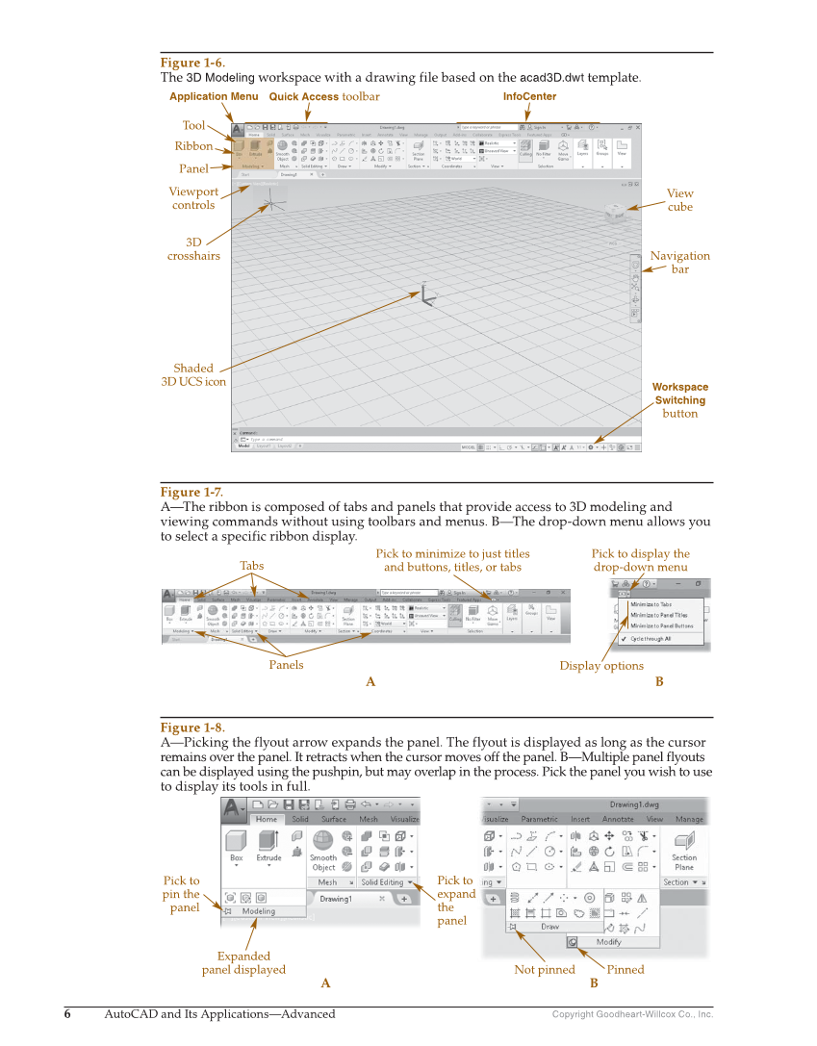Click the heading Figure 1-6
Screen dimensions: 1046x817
coord(192,64)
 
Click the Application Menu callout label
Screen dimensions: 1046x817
coord(214,97)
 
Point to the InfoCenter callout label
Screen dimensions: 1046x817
coord(529,97)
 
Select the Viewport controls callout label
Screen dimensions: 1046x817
coord(193,198)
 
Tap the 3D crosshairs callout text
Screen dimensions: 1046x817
coord(193,249)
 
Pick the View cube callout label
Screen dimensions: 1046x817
coord(679,200)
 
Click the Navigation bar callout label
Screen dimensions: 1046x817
coord(679,263)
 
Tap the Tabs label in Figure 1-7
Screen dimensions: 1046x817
coord(251,566)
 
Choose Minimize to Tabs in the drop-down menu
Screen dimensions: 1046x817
coord(651,604)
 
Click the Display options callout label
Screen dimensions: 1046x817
coord(601,666)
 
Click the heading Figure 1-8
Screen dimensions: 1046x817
coord(192,728)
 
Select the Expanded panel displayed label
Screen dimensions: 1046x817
coord(243,962)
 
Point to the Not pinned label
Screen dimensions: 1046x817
coord(545,970)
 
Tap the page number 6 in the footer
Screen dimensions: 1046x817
coord(67,1014)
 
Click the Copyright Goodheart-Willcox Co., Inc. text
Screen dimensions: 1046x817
coord(632,1014)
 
